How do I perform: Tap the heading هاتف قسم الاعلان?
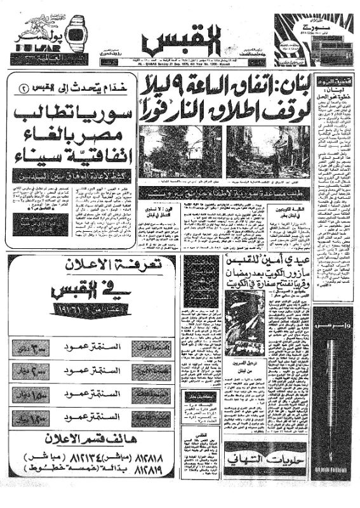pyautogui.click(x=88, y=439)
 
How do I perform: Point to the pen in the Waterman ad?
pyautogui.click(x=331, y=375)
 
